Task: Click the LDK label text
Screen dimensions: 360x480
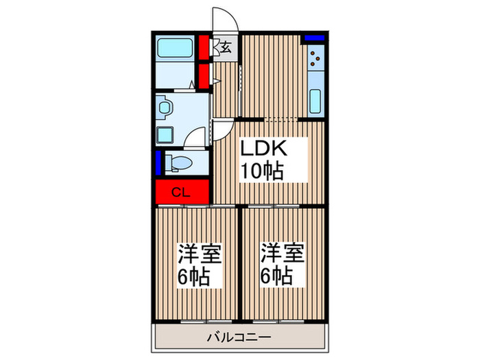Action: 262,149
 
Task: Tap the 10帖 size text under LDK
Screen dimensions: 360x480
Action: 261,171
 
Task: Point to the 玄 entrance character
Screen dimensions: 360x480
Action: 226,47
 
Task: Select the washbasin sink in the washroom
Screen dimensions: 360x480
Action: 165,108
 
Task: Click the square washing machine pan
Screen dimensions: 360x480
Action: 165,134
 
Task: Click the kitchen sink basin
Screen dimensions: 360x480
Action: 315,100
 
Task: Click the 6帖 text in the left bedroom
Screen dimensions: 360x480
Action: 195,278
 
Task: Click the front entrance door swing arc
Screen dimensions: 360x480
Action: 225,19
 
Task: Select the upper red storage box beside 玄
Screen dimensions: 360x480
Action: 204,47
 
